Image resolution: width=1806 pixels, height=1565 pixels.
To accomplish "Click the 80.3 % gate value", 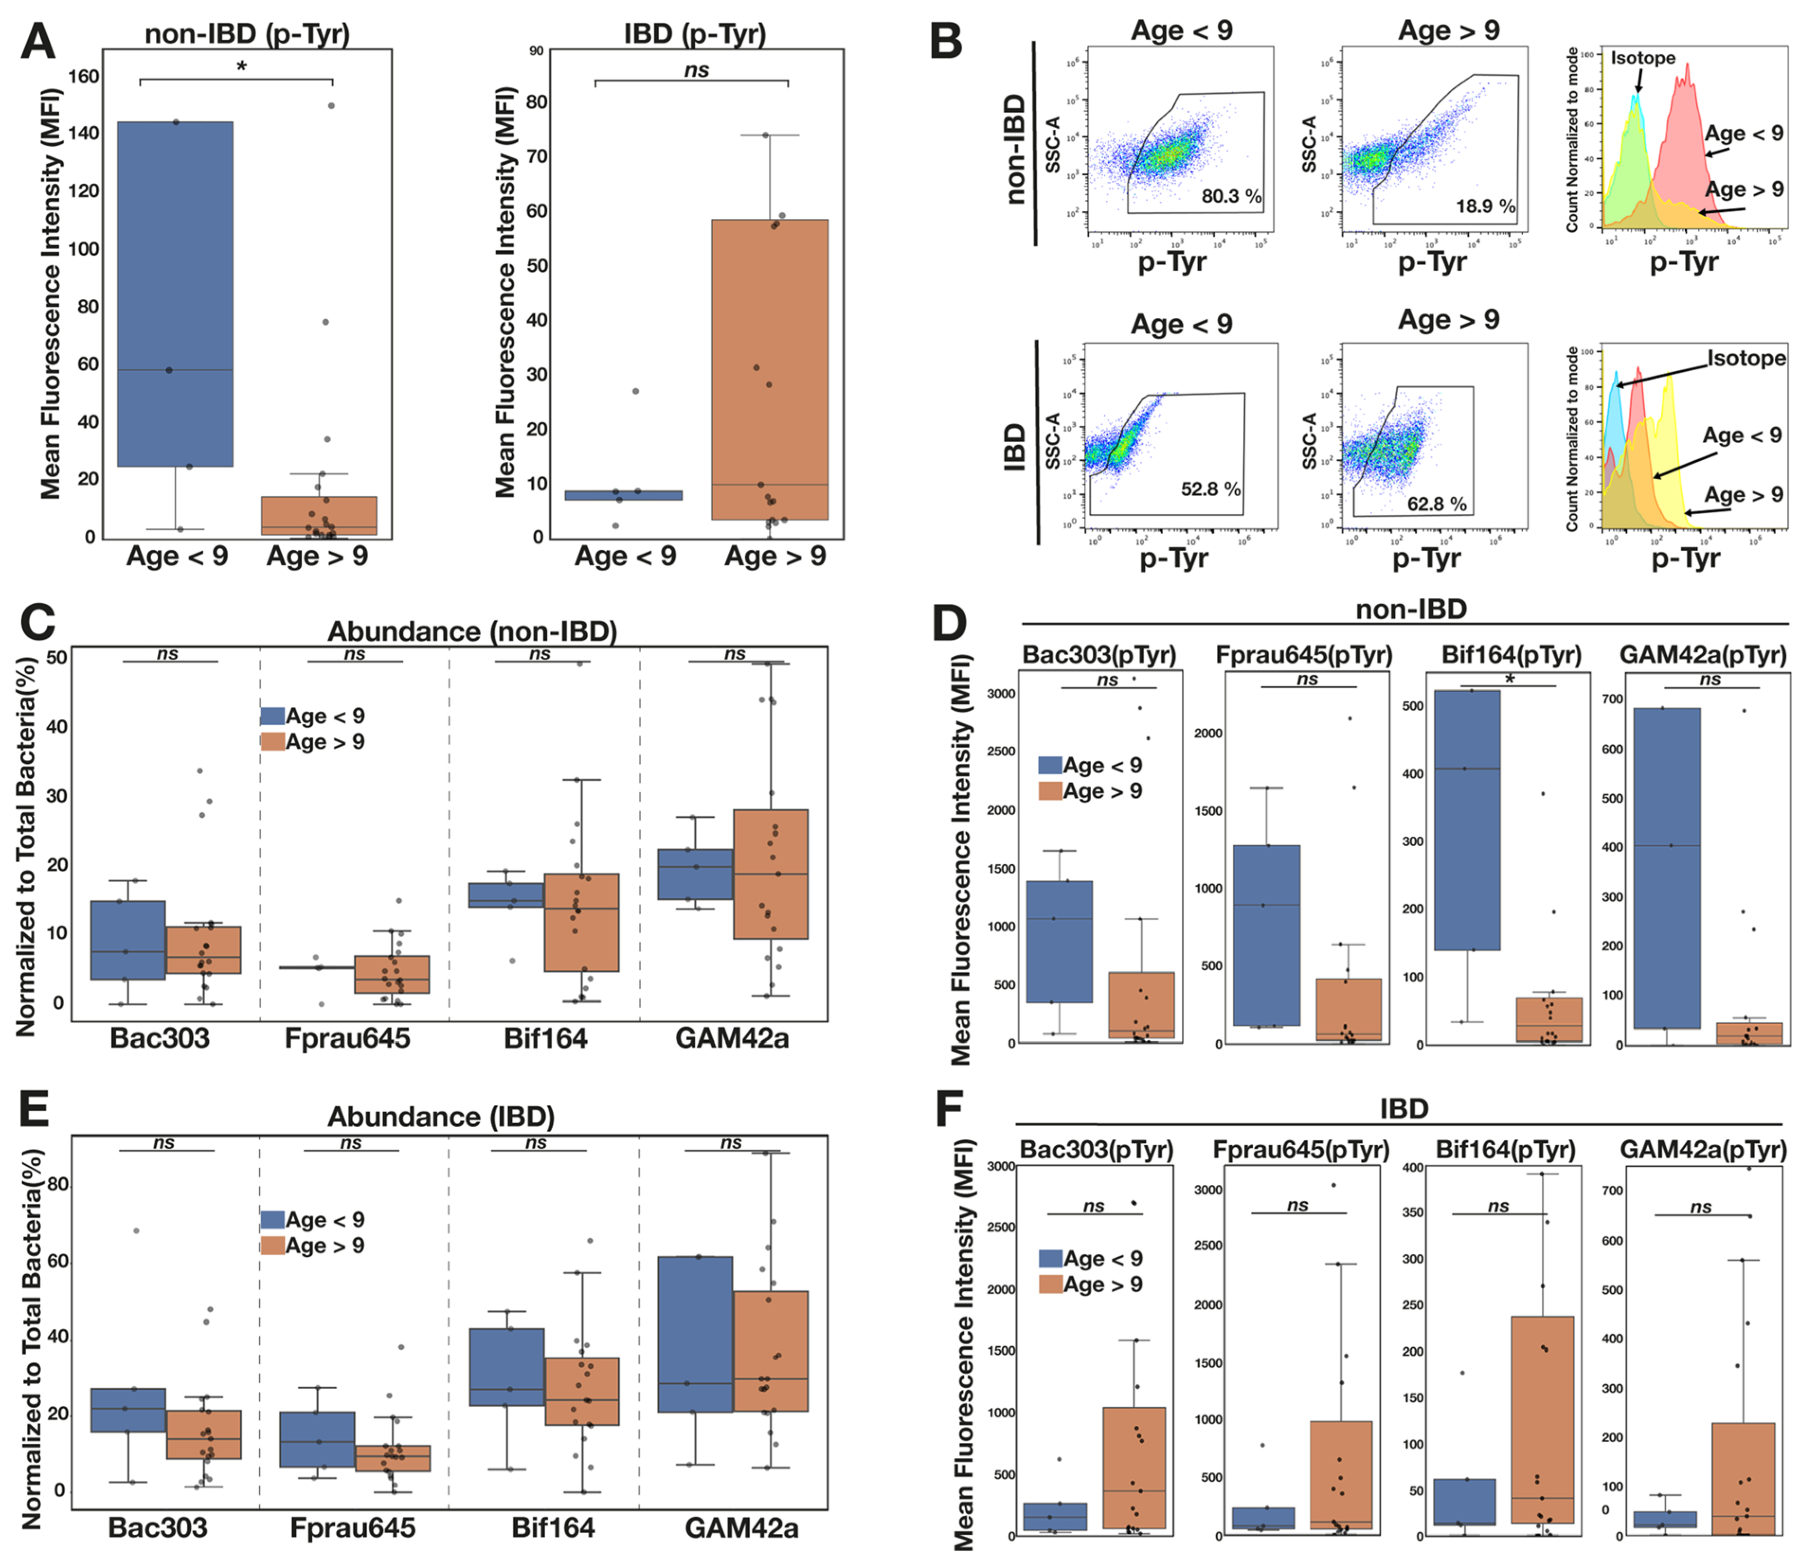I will [x=1231, y=196].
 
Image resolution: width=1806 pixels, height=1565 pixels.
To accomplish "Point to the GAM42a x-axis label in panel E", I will [x=741, y=1528].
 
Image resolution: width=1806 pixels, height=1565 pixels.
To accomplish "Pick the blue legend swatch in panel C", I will [x=272, y=716].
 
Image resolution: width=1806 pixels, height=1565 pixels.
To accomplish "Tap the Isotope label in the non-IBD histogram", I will [x=1643, y=58].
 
